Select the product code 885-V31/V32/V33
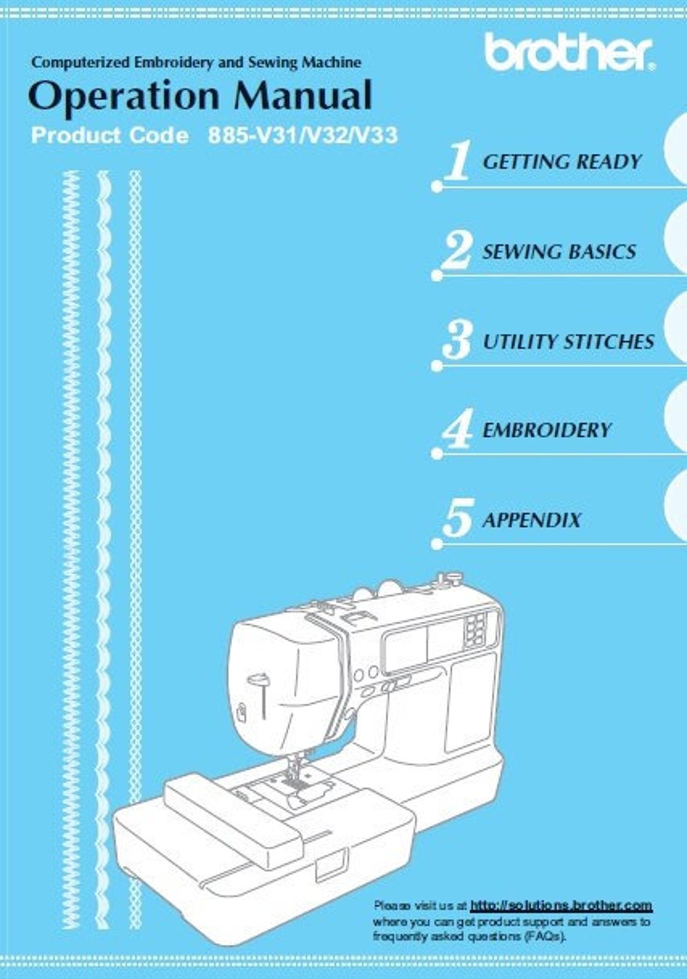coord(303,135)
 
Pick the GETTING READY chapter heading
coord(562,161)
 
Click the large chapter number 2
coord(456,250)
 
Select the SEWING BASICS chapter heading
coord(559,252)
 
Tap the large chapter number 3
coord(456,340)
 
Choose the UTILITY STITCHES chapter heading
coord(569,342)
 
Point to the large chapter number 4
coord(457,428)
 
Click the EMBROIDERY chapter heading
coord(546,430)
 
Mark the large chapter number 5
coord(457,518)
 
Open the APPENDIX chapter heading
coord(532,520)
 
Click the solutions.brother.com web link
coord(562,905)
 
